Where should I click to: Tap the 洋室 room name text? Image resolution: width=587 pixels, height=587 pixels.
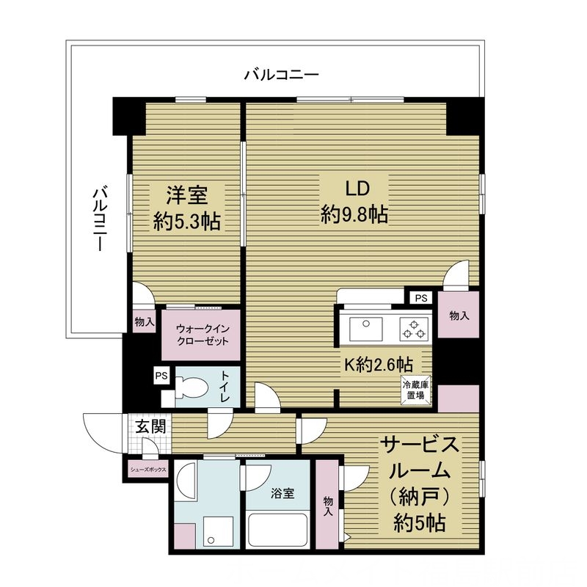[186, 195]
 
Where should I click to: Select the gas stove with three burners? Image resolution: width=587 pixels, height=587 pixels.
[413, 329]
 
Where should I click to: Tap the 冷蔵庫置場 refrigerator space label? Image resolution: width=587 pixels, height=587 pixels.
[413, 390]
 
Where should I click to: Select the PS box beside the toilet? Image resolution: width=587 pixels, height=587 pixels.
[161, 376]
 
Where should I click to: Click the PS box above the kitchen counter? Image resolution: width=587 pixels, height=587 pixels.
[421, 298]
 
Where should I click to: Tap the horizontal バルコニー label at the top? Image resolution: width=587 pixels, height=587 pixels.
[281, 74]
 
